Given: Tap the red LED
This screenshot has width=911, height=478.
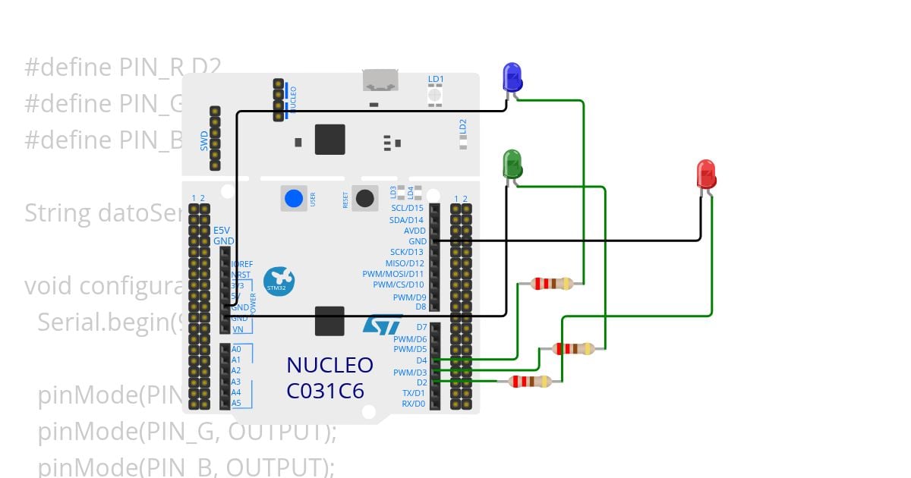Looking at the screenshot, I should (706, 175).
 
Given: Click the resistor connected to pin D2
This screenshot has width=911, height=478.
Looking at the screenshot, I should (530, 381).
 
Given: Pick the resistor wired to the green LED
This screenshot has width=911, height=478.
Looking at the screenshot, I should (574, 349).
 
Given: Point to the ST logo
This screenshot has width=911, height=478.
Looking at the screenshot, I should (381, 325).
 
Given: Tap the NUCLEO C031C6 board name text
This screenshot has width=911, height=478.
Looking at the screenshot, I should (329, 377).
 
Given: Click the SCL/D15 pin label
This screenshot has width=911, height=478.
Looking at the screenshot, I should (407, 208).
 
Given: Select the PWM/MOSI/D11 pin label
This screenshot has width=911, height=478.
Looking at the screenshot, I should (392, 274).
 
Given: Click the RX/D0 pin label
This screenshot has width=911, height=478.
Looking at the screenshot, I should (414, 404).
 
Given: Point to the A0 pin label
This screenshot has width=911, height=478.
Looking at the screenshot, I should (236, 349).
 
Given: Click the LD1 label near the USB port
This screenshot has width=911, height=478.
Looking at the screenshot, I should (436, 79).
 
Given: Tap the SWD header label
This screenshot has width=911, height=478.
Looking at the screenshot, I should (204, 141).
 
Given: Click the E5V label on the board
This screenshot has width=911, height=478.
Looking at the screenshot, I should (222, 230).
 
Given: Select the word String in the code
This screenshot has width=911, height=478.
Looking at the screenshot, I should (58, 213).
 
